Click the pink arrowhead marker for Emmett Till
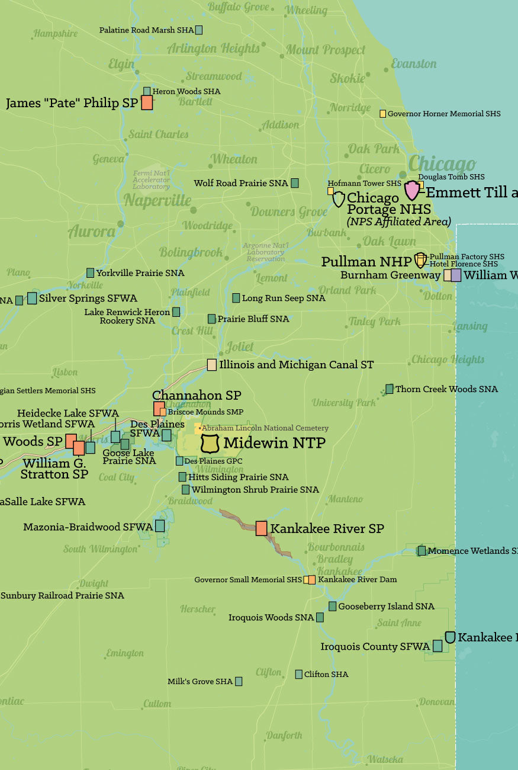pyautogui.click(x=412, y=191)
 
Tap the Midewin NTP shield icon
pyautogui.click(x=211, y=442)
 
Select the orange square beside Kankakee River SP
pyautogui.click(x=261, y=528)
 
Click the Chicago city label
pyautogui.click(x=442, y=164)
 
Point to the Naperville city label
pyautogui.click(x=157, y=201)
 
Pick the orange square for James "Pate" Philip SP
pyautogui.click(x=147, y=102)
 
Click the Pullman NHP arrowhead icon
pyautogui.click(x=420, y=260)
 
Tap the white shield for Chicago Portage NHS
pyautogui.click(x=339, y=199)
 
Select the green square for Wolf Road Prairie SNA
pyautogui.click(x=294, y=184)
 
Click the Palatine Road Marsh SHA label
pyautogui.click(x=146, y=30)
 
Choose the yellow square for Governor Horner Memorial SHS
pyautogui.click(x=383, y=114)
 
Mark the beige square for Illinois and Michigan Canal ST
pyautogui.click(x=211, y=365)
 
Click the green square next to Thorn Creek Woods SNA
pyautogui.click(x=390, y=389)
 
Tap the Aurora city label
pyautogui.click(x=92, y=232)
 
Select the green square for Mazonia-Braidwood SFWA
pyautogui.click(x=160, y=526)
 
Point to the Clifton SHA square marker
pyautogui.click(x=299, y=674)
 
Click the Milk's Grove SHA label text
pyautogui.click(x=200, y=682)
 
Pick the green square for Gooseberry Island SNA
pyautogui.click(x=333, y=606)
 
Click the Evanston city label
pyautogui.click(x=414, y=64)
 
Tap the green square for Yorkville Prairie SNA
pyautogui.click(x=90, y=273)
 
